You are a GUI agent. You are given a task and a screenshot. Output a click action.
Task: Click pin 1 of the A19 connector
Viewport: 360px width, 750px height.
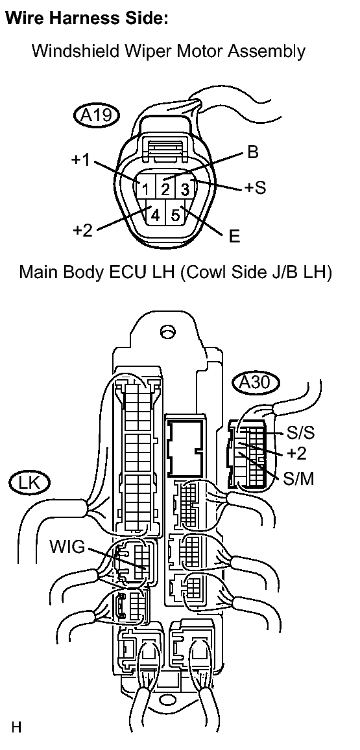pyautogui.click(x=145, y=188)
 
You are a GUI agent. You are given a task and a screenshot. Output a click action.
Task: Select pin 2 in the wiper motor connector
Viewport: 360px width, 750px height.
pyautogui.click(x=165, y=189)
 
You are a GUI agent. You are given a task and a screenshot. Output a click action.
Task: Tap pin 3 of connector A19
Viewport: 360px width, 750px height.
pyautogui.click(x=185, y=189)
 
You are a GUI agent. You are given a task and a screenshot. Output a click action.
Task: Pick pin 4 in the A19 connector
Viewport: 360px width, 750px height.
pyautogui.click(x=155, y=215)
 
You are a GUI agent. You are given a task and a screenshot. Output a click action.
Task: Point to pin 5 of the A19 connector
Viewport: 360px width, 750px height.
pyautogui.click(x=175, y=215)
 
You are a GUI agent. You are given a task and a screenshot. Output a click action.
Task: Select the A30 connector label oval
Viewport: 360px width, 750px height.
pyautogui.click(x=256, y=382)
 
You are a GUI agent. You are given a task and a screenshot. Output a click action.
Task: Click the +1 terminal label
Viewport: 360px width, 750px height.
pyautogui.click(x=80, y=159)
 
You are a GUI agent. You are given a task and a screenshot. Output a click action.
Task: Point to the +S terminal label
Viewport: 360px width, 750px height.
pyautogui.click(x=255, y=187)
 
